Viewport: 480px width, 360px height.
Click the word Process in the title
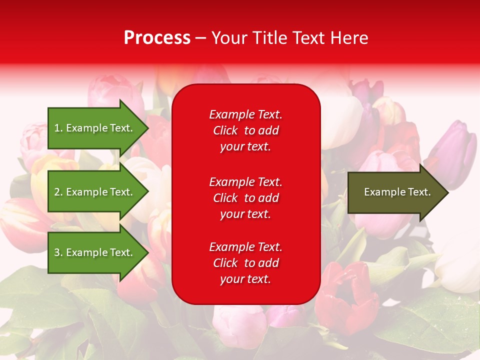pos(157,38)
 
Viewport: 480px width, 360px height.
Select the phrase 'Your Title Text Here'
pos(289,38)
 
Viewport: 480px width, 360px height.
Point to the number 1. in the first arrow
pos(58,128)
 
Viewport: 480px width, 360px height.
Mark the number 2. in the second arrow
pos(58,192)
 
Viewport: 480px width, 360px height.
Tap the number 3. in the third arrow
pos(58,252)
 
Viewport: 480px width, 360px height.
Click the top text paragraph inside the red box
pos(245,130)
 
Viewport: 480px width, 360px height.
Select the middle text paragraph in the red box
pos(245,198)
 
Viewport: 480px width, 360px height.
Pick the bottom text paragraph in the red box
pos(245,263)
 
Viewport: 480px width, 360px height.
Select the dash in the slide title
pos(200,38)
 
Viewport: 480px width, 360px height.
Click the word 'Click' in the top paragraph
pos(225,130)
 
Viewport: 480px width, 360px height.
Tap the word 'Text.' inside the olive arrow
pos(419,192)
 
